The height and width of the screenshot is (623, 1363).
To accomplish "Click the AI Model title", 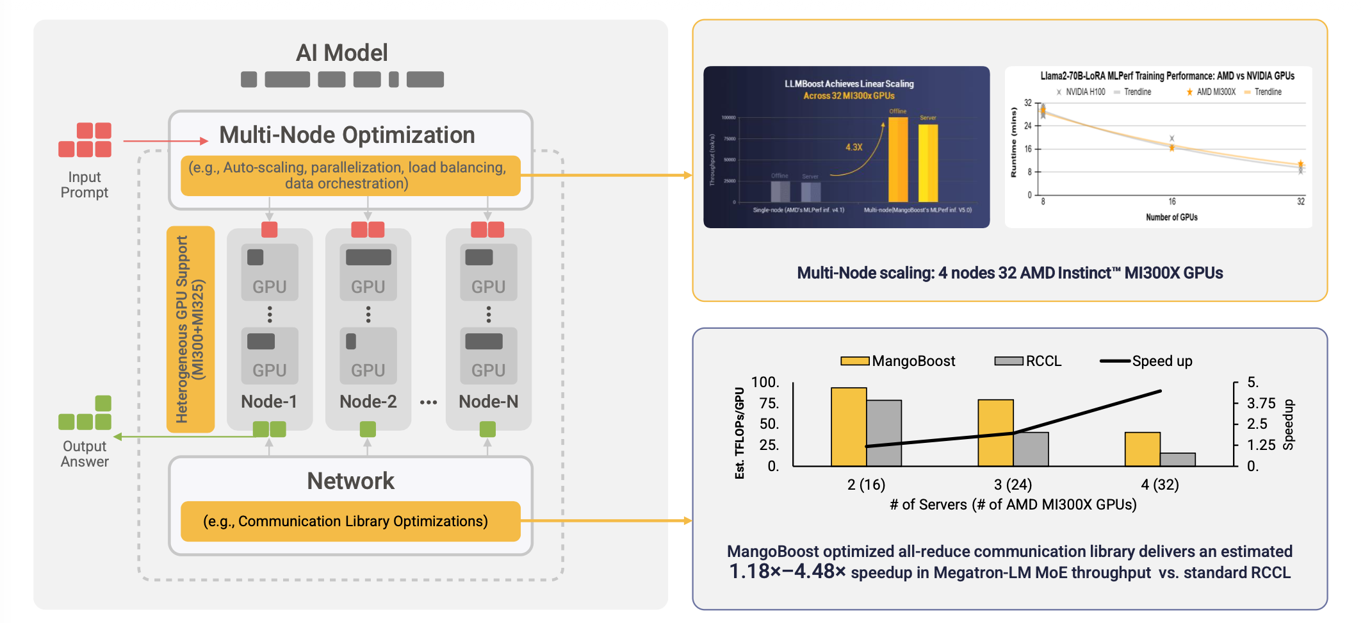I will click(341, 53).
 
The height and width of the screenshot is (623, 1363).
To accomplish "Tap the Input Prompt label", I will click(85, 185).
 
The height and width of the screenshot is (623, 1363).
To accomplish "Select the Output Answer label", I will click(85, 454).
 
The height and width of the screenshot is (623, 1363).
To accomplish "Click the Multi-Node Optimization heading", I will click(347, 135).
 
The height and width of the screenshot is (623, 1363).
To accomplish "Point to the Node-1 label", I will click(269, 402).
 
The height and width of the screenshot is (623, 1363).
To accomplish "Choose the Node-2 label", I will click(368, 402).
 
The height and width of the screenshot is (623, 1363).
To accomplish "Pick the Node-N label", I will click(488, 402).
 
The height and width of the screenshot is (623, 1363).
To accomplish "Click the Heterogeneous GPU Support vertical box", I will click(190, 329).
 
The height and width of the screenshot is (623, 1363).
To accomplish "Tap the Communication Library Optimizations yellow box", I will click(350, 522).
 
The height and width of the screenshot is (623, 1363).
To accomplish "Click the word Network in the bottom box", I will click(350, 481).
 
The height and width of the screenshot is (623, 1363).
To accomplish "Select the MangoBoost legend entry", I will click(898, 361).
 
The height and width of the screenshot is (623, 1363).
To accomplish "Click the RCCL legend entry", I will click(1029, 361).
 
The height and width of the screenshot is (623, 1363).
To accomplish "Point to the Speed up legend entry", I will click(1147, 361).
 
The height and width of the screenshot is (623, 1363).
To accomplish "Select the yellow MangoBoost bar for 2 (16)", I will click(849, 427).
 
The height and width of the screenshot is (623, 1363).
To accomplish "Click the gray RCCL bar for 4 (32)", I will click(1177, 460).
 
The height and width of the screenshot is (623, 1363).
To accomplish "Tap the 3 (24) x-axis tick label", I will click(1013, 485).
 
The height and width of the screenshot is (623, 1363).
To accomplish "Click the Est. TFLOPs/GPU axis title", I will click(740, 433).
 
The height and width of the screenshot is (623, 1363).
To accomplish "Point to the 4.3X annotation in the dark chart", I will click(854, 147).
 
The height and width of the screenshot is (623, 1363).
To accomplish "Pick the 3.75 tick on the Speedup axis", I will click(1261, 403).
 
